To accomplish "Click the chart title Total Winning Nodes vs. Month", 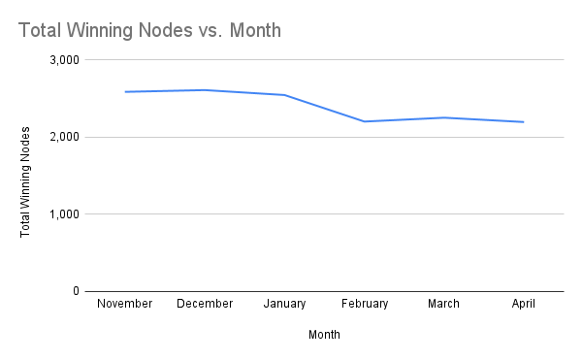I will pyautogui.click(x=149, y=30).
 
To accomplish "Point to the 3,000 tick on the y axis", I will pyautogui.click(x=64, y=60).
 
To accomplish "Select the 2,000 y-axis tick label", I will pyautogui.click(x=64, y=137).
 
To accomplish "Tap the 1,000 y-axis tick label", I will pyautogui.click(x=64, y=213).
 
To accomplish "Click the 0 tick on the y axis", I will pyautogui.click(x=76, y=290).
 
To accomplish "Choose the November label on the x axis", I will pyautogui.click(x=125, y=304).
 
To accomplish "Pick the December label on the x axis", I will pyautogui.click(x=205, y=304).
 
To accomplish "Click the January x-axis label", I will pyautogui.click(x=284, y=304).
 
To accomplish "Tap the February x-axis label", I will pyautogui.click(x=365, y=304).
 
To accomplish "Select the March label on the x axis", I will pyautogui.click(x=444, y=304).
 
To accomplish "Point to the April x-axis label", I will pyautogui.click(x=524, y=304).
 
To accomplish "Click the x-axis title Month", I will pyautogui.click(x=324, y=335).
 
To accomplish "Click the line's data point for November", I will pyautogui.click(x=125, y=92).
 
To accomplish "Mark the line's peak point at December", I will pyautogui.click(x=205, y=90).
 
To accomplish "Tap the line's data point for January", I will pyautogui.click(x=284, y=95).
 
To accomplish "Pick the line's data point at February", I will pyautogui.click(x=365, y=121).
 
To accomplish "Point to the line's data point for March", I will pyautogui.click(x=444, y=117).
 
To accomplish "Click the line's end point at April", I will pyautogui.click(x=524, y=122).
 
